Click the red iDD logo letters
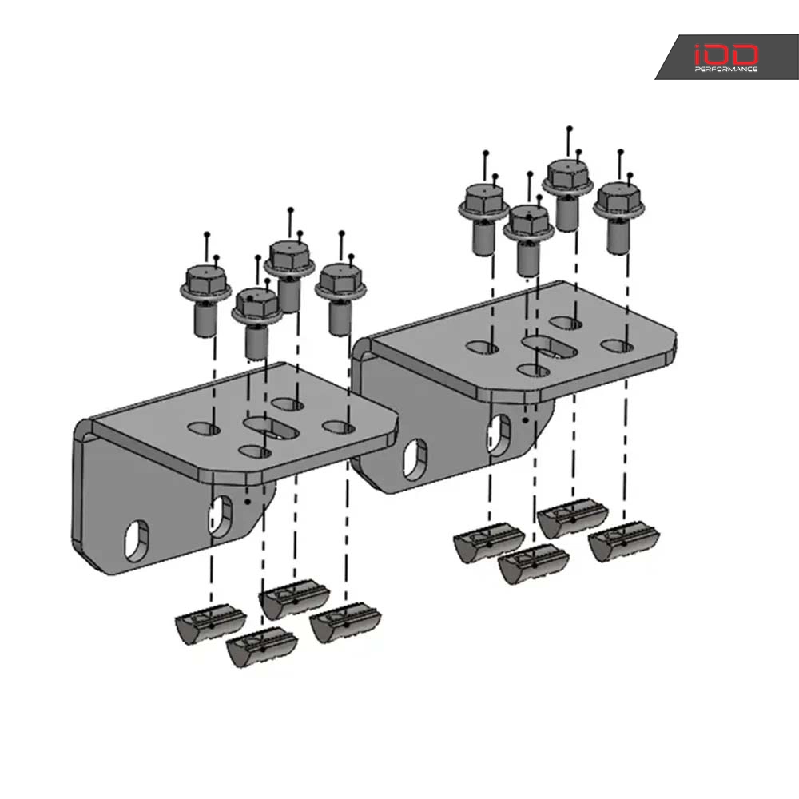[726, 54]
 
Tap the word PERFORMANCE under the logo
[726, 70]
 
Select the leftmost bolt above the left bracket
[205, 300]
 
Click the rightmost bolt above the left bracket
[340, 298]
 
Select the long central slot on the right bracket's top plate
[550, 346]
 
